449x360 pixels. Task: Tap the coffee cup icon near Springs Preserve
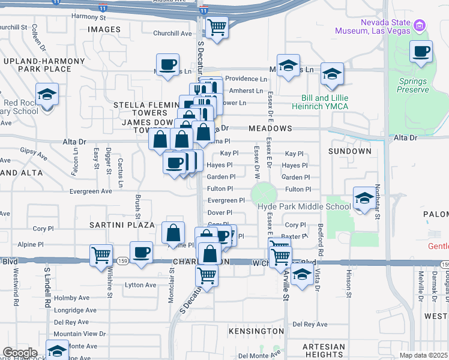point(421,52)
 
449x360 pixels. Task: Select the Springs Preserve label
point(413,85)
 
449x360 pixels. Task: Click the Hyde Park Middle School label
point(304,207)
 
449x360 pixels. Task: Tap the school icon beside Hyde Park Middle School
point(363,199)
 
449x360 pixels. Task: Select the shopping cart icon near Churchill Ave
point(216,27)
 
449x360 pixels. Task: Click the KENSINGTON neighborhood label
point(256,331)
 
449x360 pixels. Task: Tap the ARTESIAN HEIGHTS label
point(324,352)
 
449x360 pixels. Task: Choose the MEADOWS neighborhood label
point(270,128)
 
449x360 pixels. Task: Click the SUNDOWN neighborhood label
point(350,151)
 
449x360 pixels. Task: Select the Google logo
point(20,353)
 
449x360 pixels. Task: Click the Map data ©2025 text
point(423,355)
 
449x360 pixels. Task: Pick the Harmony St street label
point(88,16)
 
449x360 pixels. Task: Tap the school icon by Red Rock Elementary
point(46,94)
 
